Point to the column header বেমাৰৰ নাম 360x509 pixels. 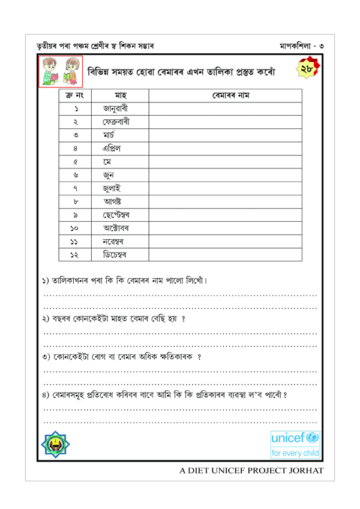(x=230, y=95)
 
